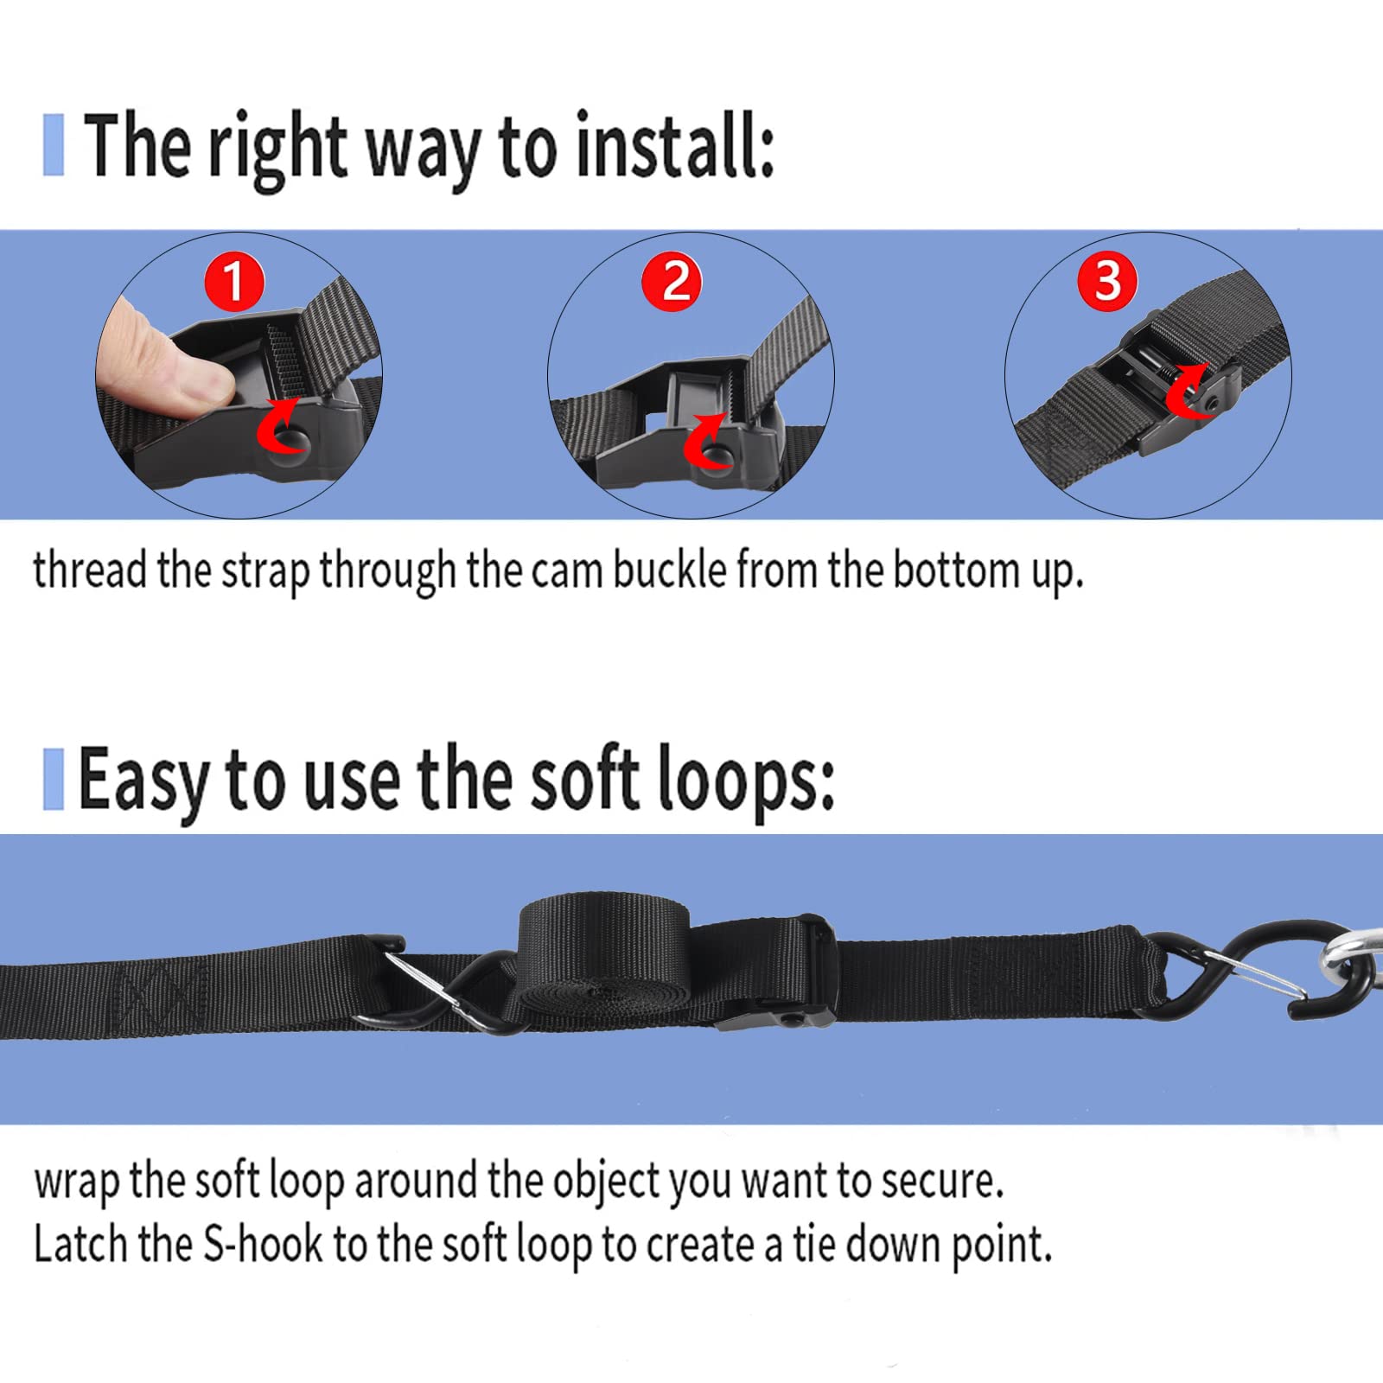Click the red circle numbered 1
point(233,282)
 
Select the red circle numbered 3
point(1107,280)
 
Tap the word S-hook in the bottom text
point(262,1245)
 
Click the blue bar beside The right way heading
point(54,145)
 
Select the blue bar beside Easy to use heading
point(54,779)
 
